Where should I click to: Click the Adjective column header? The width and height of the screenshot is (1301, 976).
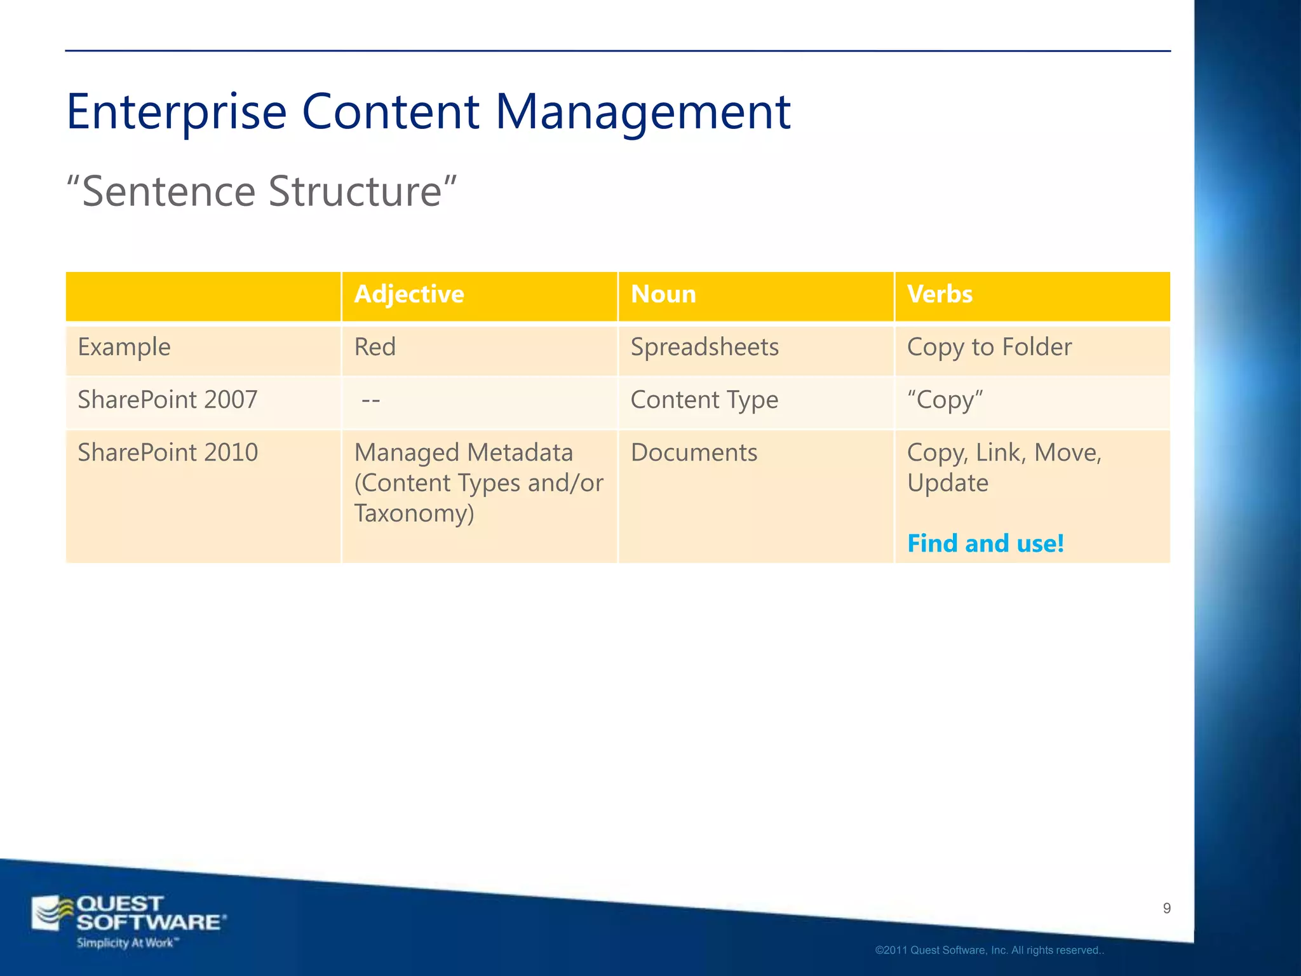(409, 295)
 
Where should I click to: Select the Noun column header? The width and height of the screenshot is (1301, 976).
(663, 295)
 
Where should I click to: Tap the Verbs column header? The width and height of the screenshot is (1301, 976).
(940, 295)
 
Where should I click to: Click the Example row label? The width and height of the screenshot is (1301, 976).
(125, 348)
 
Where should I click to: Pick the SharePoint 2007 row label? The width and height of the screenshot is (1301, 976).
(168, 400)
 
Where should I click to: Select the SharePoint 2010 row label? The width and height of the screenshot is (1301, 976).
(168, 453)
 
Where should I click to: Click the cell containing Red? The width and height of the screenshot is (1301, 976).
(375, 348)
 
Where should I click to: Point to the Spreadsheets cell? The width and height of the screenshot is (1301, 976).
(704, 348)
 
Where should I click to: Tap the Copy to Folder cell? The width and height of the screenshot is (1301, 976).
(989, 348)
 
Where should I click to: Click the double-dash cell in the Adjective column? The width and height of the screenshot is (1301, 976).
(370, 400)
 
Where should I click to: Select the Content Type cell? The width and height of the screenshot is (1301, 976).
(704, 400)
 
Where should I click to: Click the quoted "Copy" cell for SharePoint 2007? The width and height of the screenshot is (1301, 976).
(945, 400)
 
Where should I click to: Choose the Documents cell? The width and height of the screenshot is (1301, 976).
(694, 453)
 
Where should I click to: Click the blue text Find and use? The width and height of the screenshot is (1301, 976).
(985, 544)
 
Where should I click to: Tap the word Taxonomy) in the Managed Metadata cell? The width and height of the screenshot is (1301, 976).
(414, 513)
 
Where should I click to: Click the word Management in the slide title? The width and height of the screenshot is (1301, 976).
(642, 112)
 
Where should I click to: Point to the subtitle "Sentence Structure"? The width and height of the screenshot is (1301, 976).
(262, 191)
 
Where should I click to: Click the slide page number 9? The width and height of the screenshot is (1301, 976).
(1166, 909)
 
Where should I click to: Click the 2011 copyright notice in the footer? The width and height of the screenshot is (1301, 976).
(989, 951)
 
